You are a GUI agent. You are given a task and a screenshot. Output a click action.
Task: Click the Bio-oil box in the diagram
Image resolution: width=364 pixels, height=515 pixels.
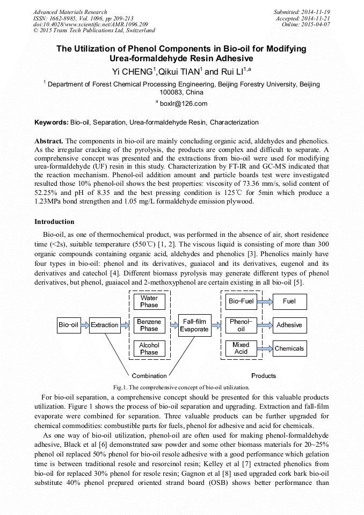pyautogui.click(x=68, y=325)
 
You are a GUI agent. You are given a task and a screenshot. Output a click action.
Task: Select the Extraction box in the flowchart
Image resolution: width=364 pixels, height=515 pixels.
pyautogui.click(x=105, y=325)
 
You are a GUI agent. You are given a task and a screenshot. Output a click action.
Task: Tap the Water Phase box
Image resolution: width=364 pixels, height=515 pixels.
pyautogui.click(x=149, y=301)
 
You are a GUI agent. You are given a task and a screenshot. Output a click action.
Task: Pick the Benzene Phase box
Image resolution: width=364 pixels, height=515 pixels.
pyautogui.click(x=149, y=325)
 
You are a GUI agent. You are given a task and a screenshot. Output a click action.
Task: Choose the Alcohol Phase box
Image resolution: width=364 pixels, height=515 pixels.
pyautogui.click(x=149, y=349)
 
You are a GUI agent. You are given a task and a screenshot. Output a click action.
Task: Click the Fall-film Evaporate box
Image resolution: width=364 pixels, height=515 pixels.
pyautogui.click(x=194, y=325)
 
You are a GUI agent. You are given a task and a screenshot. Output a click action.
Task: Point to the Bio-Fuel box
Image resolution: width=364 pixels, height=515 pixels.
pyautogui.click(x=241, y=301)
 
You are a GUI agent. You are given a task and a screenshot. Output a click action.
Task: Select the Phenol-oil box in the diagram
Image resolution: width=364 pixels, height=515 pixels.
pyautogui.click(x=241, y=325)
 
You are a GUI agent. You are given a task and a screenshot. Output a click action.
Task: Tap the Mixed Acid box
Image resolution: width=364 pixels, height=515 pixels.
pyautogui.click(x=241, y=349)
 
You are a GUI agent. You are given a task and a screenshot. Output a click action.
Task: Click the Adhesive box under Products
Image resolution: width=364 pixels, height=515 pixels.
pyautogui.click(x=289, y=325)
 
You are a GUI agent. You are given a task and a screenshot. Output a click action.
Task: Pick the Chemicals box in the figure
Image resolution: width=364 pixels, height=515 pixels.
pyautogui.click(x=289, y=349)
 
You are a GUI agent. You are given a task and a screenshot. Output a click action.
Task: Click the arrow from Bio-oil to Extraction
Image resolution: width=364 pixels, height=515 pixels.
pyautogui.click(x=84, y=325)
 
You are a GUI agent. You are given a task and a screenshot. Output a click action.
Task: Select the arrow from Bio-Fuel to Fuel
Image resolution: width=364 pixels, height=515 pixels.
pyautogui.click(x=265, y=301)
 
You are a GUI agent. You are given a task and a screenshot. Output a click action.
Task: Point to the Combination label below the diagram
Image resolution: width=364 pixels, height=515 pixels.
pyautogui.click(x=149, y=376)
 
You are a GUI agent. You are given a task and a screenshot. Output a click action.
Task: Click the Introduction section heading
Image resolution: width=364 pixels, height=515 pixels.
pyautogui.click(x=54, y=222)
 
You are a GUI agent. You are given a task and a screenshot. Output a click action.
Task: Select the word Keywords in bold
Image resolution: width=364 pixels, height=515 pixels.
pyautogui.click(x=51, y=122)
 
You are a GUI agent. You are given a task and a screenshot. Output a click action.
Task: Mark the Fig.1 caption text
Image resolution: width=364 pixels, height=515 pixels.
pyautogui.click(x=181, y=387)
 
